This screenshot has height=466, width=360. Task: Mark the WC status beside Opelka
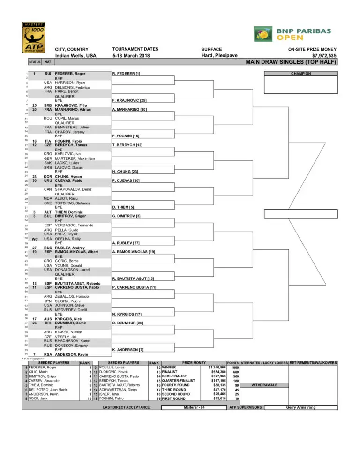coord(35,238)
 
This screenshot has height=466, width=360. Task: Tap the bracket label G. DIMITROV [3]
coord(127,216)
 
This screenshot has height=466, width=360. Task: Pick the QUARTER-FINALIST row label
coord(179,381)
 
